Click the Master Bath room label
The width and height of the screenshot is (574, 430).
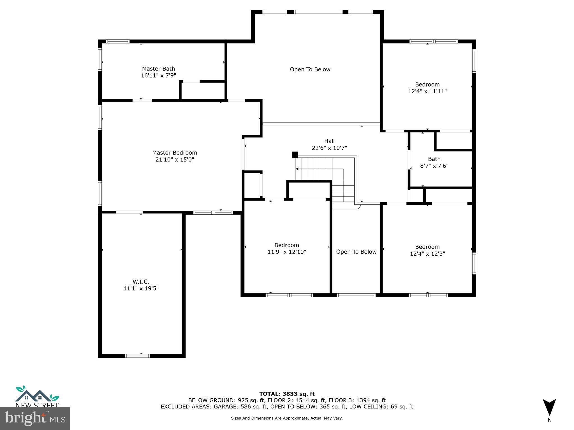(x=158, y=69)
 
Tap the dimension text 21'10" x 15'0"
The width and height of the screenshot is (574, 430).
(x=175, y=160)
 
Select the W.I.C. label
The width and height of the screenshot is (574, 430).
(x=141, y=282)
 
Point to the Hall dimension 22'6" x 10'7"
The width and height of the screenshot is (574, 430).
(x=329, y=148)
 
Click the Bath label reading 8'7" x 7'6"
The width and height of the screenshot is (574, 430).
(x=434, y=162)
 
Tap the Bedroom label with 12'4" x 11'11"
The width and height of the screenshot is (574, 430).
(x=427, y=88)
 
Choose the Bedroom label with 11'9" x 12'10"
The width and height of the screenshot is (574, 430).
(x=287, y=249)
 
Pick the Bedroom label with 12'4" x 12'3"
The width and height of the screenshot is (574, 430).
(x=427, y=250)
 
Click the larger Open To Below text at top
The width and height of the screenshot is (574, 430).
(x=310, y=69)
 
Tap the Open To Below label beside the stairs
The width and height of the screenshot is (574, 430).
(x=356, y=252)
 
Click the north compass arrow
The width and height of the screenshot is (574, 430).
(x=549, y=407)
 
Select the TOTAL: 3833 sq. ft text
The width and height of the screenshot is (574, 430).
(x=287, y=394)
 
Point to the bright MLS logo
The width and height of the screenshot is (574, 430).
(x=35, y=418)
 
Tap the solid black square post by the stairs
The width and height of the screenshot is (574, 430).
(x=295, y=155)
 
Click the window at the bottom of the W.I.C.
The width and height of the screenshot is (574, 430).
(x=137, y=356)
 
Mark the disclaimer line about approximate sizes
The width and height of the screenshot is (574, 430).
(x=287, y=418)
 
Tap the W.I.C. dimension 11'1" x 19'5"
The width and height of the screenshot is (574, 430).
(x=141, y=288)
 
